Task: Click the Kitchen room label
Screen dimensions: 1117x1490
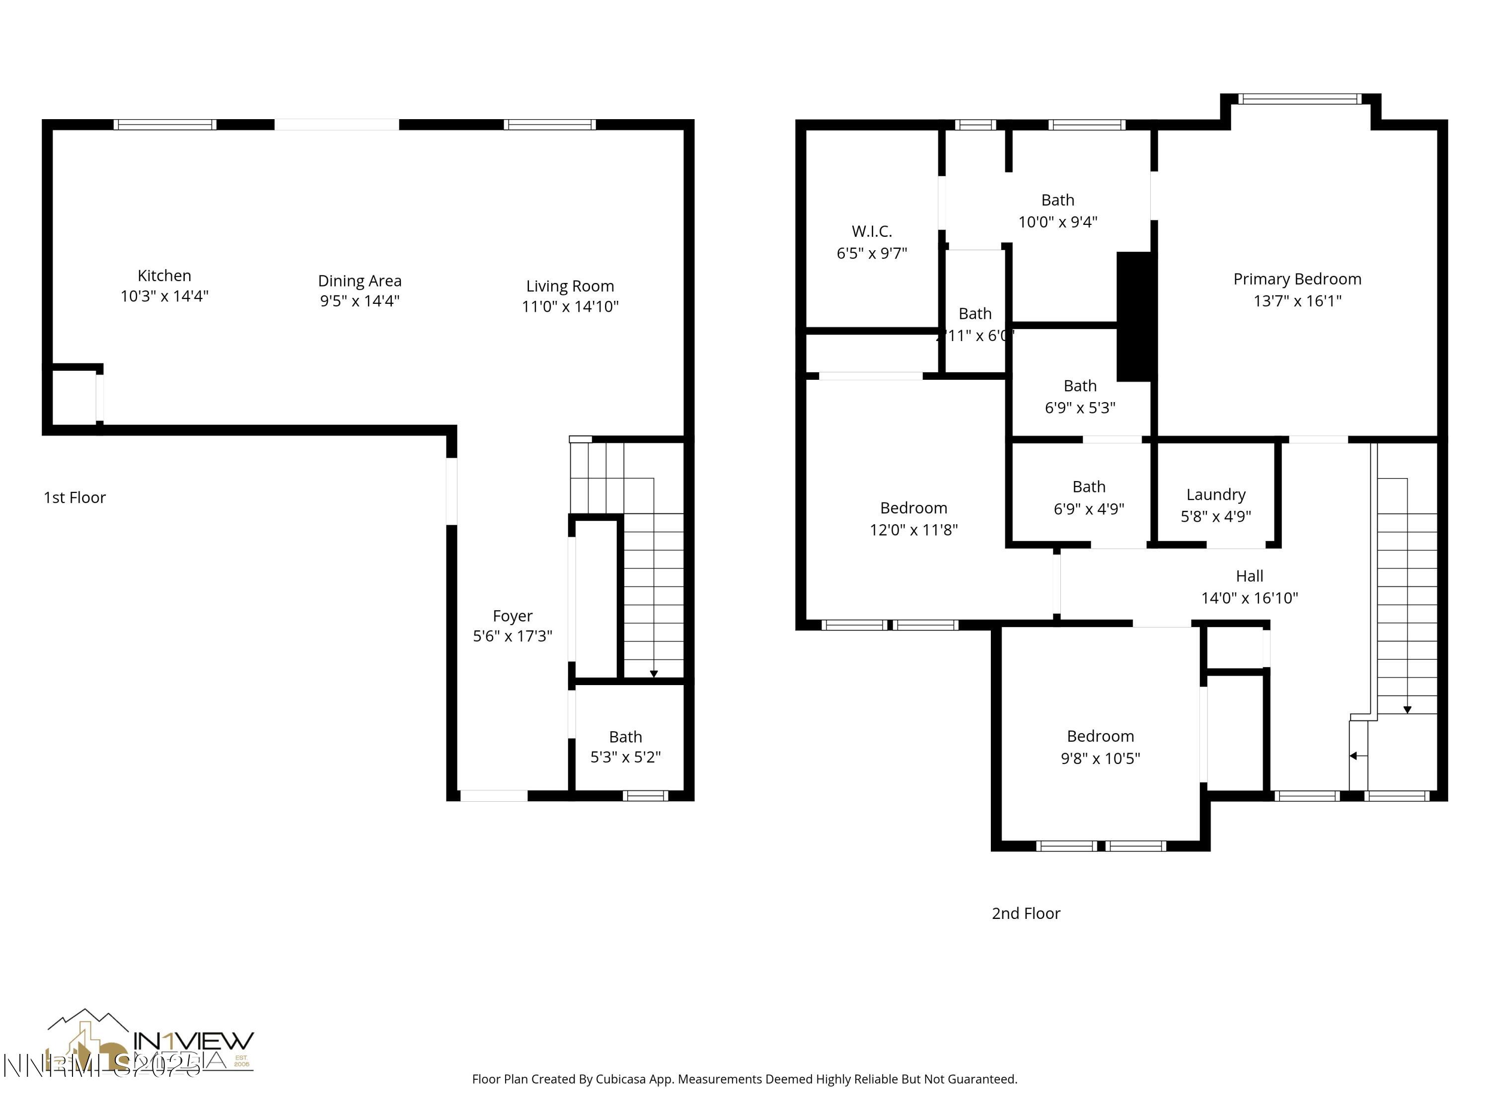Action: click(x=164, y=276)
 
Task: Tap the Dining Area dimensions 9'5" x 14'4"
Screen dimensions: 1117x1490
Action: click(x=360, y=300)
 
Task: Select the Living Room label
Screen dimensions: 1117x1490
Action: click(x=570, y=286)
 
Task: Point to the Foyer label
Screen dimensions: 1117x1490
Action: click(x=513, y=616)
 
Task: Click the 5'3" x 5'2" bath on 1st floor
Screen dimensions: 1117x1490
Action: click(x=625, y=747)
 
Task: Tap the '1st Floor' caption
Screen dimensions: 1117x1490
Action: click(x=75, y=497)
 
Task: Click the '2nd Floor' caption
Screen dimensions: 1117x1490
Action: click(x=1026, y=913)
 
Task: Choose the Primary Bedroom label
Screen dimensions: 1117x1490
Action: click(x=1297, y=279)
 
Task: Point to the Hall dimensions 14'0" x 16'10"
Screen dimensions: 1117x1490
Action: click(x=1250, y=598)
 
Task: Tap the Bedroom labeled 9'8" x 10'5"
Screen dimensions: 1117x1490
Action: click(x=1100, y=747)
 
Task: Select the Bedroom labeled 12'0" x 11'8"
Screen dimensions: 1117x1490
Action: click(x=913, y=518)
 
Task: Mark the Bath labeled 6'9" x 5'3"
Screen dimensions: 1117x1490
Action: click(x=1080, y=397)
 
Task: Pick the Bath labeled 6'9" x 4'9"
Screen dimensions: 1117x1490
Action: click(x=1089, y=497)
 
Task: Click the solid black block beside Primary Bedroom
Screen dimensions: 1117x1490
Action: click(x=1136, y=316)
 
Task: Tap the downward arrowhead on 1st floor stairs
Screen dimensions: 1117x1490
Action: click(x=654, y=674)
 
